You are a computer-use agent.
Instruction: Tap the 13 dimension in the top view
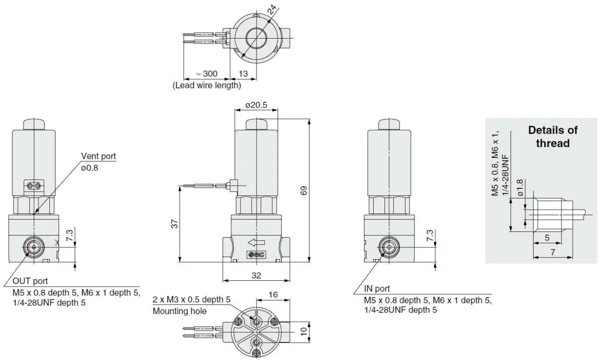[x=244, y=74]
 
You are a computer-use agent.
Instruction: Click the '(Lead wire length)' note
[x=207, y=85]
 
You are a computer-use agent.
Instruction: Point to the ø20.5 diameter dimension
[x=255, y=105]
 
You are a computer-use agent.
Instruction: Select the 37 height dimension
[x=174, y=224]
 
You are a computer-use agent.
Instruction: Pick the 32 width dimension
[x=257, y=275]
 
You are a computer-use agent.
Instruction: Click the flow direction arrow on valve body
[x=255, y=242]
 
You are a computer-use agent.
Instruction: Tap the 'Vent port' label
[x=98, y=156]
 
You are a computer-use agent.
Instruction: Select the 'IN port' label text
[x=376, y=289]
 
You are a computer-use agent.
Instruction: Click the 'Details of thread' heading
[x=553, y=137]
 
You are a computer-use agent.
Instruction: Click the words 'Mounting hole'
[x=179, y=311]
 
